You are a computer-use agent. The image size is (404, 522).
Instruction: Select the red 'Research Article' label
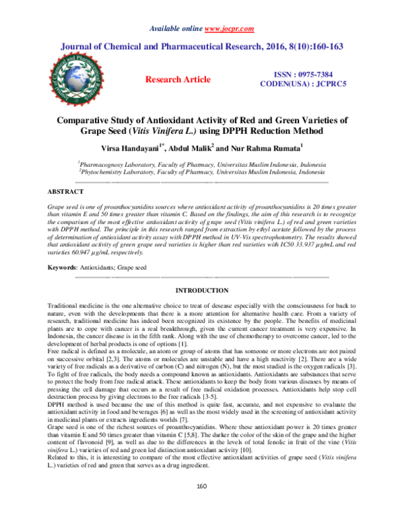pos(178,79)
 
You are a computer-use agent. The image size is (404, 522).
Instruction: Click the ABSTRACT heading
pos(67,192)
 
